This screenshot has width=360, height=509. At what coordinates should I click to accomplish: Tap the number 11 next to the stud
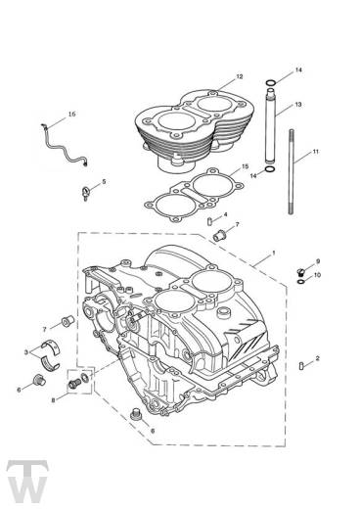pyautogui.click(x=315, y=153)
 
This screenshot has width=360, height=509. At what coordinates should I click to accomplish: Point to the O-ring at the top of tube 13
pyautogui.click(x=269, y=81)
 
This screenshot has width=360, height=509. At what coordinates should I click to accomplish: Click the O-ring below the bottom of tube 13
pyautogui.click(x=270, y=174)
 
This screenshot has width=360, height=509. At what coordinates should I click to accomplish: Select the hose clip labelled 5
pyautogui.click(x=88, y=188)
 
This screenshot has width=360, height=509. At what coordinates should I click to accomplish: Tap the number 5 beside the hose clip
pyautogui.click(x=105, y=181)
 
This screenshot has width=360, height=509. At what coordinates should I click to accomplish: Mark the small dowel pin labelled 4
pyautogui.click(x=210, y=221)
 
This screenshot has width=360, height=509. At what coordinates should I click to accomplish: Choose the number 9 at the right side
pyautogui.click(x=317, y=261)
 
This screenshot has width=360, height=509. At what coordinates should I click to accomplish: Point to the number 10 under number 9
pyautogui.click(x=317, y=275)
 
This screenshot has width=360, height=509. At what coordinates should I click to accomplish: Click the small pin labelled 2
pyautogui.click(x=300, y=365)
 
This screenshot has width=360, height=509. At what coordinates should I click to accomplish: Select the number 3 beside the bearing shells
pyautogui.click(x=26, y=350)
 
